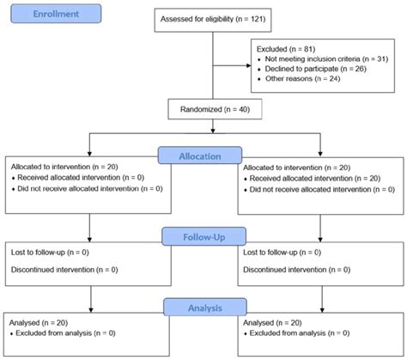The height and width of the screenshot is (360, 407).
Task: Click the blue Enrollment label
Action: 52,15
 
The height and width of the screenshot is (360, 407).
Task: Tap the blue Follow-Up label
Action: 203,234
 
